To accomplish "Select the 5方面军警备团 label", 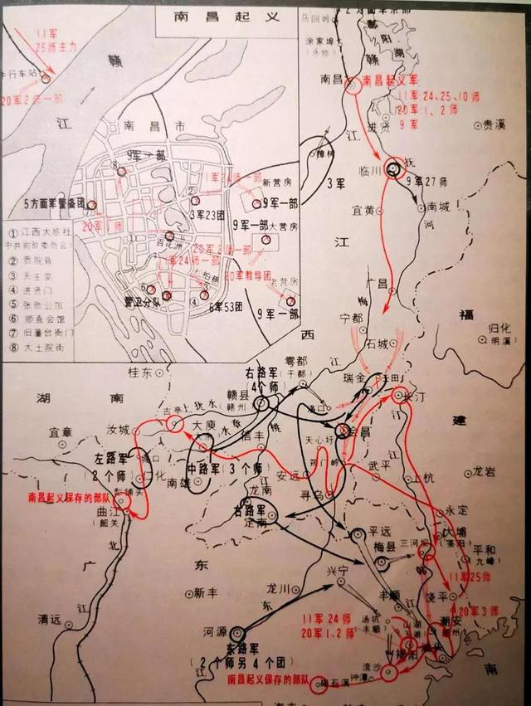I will tap(56, 202).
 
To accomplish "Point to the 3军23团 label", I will tap(210, 213).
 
